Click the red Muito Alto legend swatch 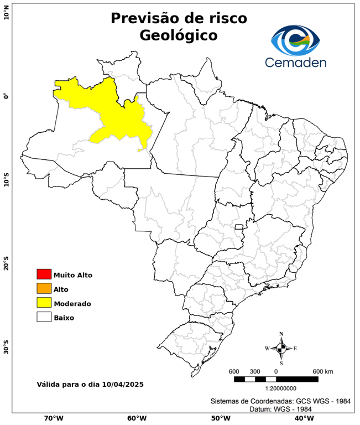tap(44, 274)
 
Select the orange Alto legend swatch tap(44, 288)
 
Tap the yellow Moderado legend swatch tap(44, 303)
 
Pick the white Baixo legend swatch tap(44, 317)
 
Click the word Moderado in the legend tap(72, 303)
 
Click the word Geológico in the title tap(179, 35)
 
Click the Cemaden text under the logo tap(295, 62)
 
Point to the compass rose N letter tap(281, 334)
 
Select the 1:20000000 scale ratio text tap(275, 388)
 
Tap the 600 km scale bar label tap(323, 371)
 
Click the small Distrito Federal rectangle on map tap(239, 227)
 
